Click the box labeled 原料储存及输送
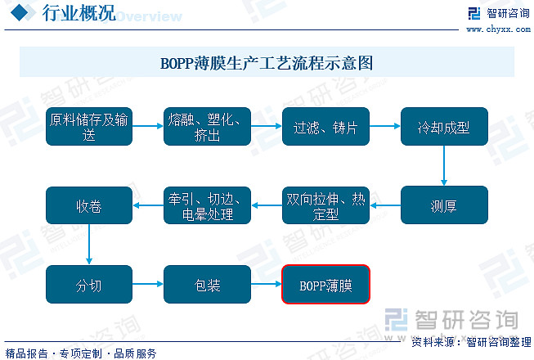point(89,126)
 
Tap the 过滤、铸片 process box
point(325,126)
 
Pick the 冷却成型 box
point(443,126)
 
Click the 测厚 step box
point(443,205)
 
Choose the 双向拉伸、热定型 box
point(325,205)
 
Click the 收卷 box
point(89,205)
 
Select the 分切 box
point(89,285)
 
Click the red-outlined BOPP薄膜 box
point(325,285)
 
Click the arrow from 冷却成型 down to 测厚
point(443,166)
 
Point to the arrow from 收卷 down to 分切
point(89,245)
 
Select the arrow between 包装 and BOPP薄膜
point(266,285)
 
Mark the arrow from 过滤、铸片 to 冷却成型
point(384,126)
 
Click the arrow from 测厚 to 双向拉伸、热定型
point(384,205)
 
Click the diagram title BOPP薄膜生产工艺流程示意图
point(267,62)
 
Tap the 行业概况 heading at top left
point(78,13)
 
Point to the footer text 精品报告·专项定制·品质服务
point(81,353)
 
